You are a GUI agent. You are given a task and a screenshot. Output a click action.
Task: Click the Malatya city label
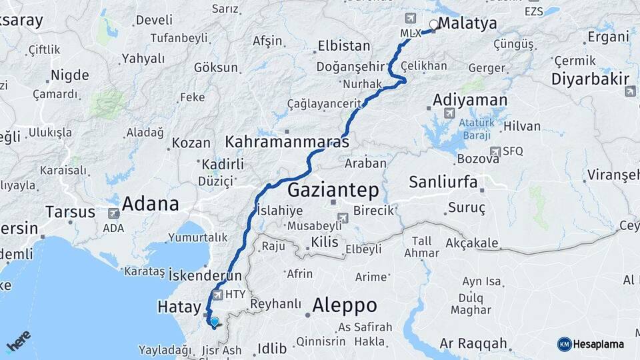468,23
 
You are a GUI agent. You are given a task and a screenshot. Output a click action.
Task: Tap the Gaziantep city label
333,190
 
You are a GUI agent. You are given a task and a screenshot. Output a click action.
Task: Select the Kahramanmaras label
287,142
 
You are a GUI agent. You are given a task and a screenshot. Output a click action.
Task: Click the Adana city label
150,203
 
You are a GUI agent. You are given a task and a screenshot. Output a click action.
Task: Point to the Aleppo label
345,305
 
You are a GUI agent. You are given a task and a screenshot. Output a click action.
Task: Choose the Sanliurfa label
443,181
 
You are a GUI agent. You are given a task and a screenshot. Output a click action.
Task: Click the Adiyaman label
470,100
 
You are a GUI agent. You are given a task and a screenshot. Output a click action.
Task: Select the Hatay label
179,307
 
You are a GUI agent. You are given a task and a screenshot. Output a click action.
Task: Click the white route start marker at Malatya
434,25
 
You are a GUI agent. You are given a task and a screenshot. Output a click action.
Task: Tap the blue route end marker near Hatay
215,322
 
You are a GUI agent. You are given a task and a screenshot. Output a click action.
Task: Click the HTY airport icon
217,294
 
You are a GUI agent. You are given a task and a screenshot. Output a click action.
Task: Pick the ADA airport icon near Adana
113,213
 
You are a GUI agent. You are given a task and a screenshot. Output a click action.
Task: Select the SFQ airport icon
495,151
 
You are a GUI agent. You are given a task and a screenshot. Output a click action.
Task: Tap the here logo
18,341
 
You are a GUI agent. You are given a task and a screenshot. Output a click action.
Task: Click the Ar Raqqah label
473,344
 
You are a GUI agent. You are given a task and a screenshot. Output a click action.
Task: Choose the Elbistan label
344,46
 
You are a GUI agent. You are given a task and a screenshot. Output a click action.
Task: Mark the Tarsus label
71,212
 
